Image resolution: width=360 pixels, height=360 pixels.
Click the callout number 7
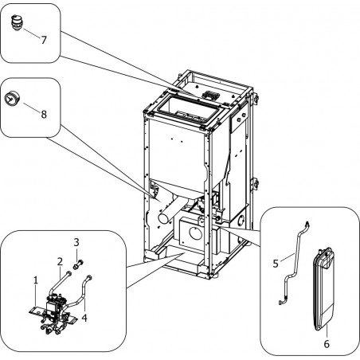click(x=44, y=40)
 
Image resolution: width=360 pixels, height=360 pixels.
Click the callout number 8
click(x=44, y=115)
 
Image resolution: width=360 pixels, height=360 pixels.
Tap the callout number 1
click(x=36, y=280)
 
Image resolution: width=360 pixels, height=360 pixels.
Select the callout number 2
click(x=60, y=261)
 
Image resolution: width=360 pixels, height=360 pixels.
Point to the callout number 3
click(x=76, y=242)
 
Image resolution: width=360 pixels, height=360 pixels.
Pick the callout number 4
click(x=84, y=318)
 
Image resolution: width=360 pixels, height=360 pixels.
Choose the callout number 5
click(x=276, y=264)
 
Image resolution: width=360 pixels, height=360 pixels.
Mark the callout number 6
click(x=327, y=344)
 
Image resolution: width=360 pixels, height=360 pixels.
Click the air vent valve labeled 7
click(x=17, y=23)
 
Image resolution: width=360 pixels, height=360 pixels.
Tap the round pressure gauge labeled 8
click(x=10, y=99)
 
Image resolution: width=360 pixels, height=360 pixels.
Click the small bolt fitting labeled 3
click(x=78, y=265)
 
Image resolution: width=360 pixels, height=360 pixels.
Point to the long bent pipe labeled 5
click(x=294, y=263)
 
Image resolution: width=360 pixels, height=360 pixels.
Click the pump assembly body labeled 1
click(x=54, y=311)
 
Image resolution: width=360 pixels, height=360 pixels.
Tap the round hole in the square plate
click(x=195, y=233)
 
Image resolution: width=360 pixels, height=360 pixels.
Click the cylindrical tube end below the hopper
click(x=165, y=218)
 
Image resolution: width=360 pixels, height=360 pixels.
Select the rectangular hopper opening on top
click(x=189, y=110)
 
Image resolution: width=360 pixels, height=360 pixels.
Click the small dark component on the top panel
click(x=210, y=94)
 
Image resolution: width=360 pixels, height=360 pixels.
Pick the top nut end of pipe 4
click(x=89, y=277)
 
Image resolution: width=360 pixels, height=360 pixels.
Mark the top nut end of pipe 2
click(x=69, y=273)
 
